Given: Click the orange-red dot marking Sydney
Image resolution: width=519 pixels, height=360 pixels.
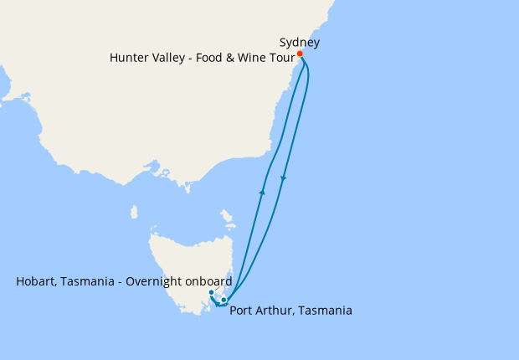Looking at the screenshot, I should pyautogui.click(x=300, y=54).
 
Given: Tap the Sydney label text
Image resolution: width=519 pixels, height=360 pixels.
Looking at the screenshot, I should pyautogui.click(x=300, y=42).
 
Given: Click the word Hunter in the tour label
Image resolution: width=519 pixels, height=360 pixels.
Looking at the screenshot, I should pyautogui.click(x=131, y=58).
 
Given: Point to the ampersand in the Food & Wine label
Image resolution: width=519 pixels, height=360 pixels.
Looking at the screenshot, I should pyautogui.click(x=237, y=58).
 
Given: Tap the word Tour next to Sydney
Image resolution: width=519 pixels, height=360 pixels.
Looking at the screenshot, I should pyautogui.click(x=285, y=58).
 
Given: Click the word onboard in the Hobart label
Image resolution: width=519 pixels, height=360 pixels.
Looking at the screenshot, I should pyautogui.click(x=208, y=282).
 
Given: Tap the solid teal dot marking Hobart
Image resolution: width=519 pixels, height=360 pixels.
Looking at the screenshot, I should pyautogui.click(x=211, y=292).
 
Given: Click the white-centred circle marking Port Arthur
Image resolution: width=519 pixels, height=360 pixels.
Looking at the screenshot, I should pyautogui.click(x=224, y=300).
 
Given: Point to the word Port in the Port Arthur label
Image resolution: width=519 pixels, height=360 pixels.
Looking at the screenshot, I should pyautogui.click(x=242, y=311).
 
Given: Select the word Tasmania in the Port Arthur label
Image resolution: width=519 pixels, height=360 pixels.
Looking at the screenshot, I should pyautogui.click(x=325, y=311).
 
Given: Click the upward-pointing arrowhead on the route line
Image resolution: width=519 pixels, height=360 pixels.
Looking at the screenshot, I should pyautogui.click(x=262, y=193).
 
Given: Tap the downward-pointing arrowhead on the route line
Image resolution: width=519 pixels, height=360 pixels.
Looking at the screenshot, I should pyautogui.click(x=284, y=178).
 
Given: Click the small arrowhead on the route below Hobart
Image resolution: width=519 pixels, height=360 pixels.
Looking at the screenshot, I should pyautogui.click(x=217, y=305).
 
